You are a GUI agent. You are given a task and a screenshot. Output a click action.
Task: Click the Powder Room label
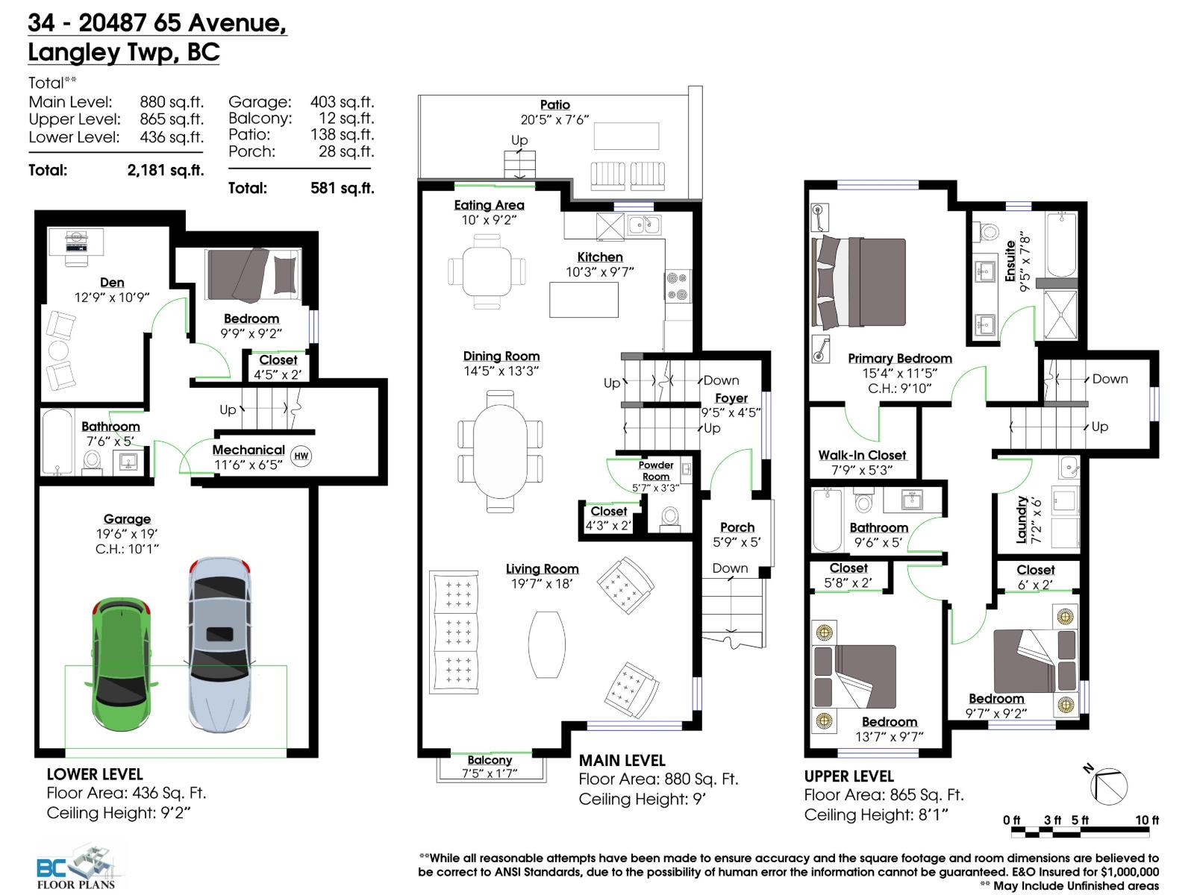[656, 471]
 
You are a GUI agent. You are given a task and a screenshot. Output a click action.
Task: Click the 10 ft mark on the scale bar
[1147, 820]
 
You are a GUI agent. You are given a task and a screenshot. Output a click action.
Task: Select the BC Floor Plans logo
[78, 868]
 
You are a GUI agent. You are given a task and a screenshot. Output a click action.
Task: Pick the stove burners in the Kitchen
[677, 286]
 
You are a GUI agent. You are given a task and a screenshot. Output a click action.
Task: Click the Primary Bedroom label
[899, 359]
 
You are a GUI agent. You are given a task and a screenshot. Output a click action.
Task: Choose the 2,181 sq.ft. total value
[165, 170]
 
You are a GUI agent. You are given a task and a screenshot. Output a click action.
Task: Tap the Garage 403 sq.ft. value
[342, 102]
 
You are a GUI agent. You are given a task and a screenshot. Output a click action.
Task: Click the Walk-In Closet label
[862, 455]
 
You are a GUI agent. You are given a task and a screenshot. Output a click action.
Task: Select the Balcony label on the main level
[490, 760]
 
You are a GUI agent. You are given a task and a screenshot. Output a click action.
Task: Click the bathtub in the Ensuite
[1060, 246]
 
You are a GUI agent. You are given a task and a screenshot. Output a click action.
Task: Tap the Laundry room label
[1022, 519]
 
